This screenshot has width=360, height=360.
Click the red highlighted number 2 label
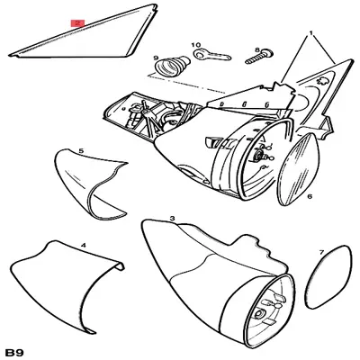click(x=78, y=24)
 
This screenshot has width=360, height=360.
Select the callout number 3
click(x=172, y=219)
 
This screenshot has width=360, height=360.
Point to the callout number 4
click(x=83, y=244)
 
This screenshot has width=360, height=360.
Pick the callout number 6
click(x=309, y=195)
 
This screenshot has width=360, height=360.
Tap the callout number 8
click(x=256, y=50)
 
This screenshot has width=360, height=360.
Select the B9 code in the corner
click(x=15, y=349)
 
